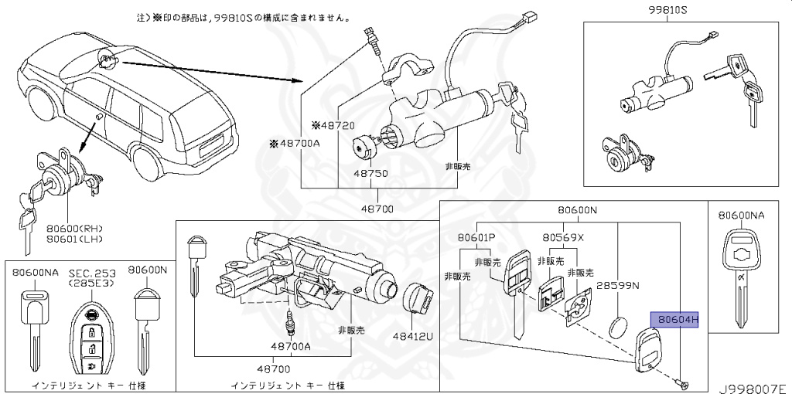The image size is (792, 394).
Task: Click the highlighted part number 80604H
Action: tap(677, 320)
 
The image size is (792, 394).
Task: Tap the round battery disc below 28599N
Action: tap(618, 326)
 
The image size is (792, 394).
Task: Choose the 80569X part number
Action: tap(563, 238)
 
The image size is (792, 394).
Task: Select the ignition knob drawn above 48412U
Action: tap(419, 300)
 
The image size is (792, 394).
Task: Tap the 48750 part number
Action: tap(372, 174)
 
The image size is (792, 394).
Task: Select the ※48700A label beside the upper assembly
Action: tap(295, 144)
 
